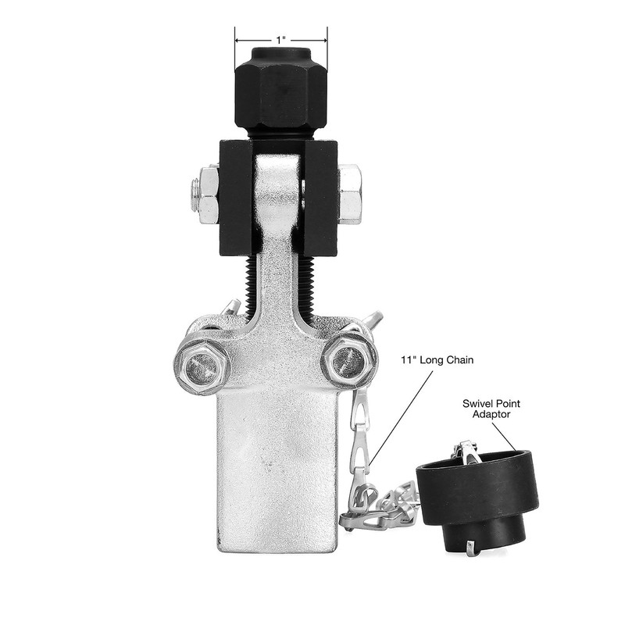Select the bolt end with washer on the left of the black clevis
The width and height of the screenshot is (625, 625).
point(205,193)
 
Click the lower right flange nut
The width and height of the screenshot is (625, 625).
point(349,362)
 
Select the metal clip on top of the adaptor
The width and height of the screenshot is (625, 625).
point(467,451)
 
